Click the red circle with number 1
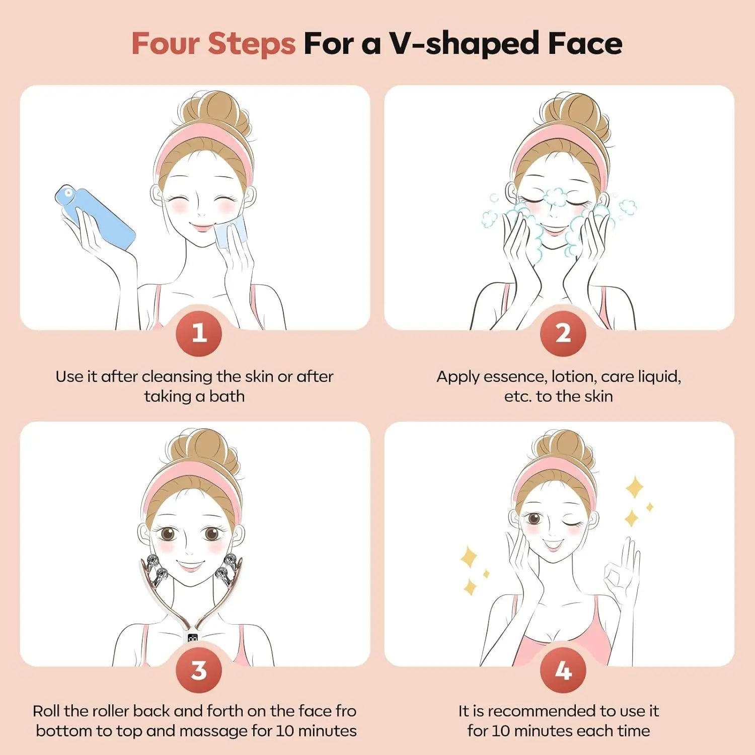pos(199,333)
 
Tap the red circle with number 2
pos(563,333)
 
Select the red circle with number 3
pos(199,670)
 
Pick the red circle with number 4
pos(563,670)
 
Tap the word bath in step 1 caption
pos(226,397)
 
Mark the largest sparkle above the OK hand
pos(634,487)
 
